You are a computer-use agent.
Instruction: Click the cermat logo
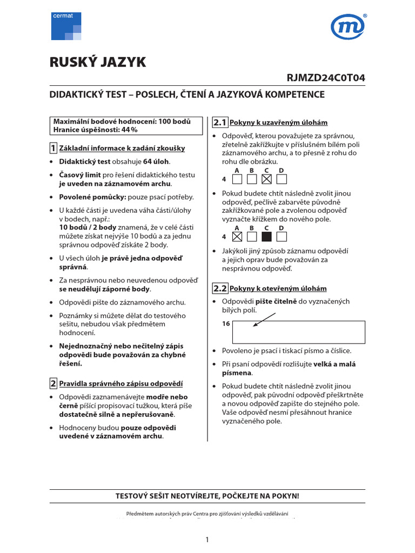pyautogui.click(x=66, y=26)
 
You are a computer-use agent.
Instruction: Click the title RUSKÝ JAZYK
pyautogui.click(x=98, y=63)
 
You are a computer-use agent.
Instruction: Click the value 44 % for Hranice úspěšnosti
pyautogui.click(x=129, y=130)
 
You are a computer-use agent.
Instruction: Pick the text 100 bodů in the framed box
pyautogui.click(x=175, y=122)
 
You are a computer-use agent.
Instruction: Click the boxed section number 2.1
pyautogui.click(x=220, y=122)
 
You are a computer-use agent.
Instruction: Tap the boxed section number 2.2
pyautogui.click(x=220, y=288)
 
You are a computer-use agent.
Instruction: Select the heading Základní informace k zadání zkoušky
pyautogui.click(x=123, y=148)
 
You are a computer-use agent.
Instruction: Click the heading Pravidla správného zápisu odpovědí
pyautogui.click(x=121, y=384)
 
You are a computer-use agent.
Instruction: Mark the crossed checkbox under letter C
pyautogui.click(x=266, y=179)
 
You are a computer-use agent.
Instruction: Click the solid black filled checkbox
pyautogui.click(x=266, y=236)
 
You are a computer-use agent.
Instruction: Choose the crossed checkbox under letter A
pyautogui.click(x=237, y=236)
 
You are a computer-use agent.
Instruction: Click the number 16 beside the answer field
pyautogui.click(x=226, y=323)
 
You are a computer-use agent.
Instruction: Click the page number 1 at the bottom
pyautogui.click(x=207, y=539)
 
